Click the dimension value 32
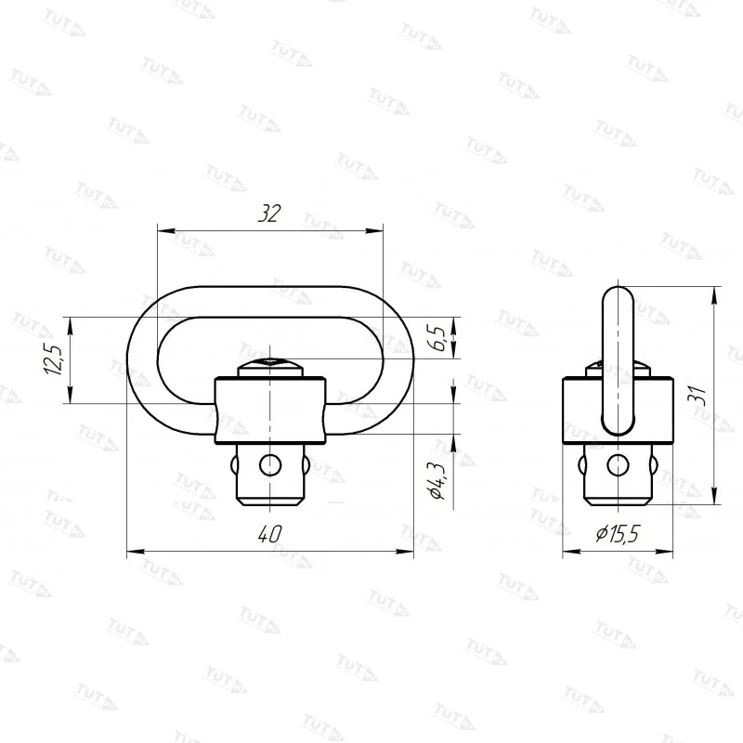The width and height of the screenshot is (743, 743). tap(269, 214)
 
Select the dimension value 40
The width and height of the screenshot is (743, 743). tap(269, 535)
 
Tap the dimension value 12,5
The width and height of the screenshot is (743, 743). tap(54, 360)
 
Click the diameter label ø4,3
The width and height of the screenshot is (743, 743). tap(437, 481)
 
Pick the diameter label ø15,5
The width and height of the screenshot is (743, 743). tap(618, 534)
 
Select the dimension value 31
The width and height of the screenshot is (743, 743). tap(697, 397)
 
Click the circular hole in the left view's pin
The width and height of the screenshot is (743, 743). tap(269, 465)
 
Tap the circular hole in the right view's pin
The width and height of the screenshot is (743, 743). tap(618, 465)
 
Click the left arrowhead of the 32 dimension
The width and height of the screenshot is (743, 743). tap(166, 231)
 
